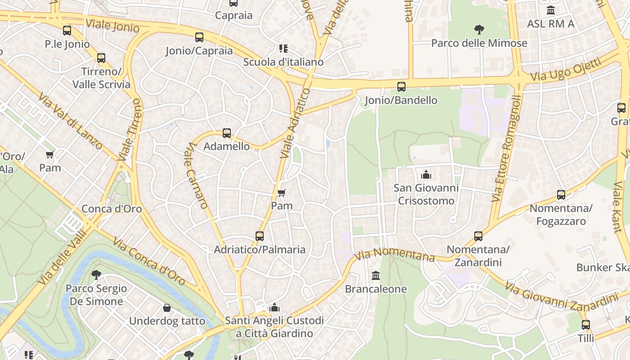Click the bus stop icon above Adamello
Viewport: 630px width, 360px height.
[x=227, y=133]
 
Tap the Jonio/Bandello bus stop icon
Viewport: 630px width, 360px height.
[x=401, y=87]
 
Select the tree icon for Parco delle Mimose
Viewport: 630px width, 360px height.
[x=479, y=30]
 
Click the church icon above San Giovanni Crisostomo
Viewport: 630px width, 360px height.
[x=426, y=175]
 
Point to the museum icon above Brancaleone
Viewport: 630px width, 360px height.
[x=375, y=275]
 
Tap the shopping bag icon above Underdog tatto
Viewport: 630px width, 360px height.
[x=167, y=308]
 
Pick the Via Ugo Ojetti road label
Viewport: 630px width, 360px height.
[x=566, y=70]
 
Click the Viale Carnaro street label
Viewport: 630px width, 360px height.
[x=197, y=175]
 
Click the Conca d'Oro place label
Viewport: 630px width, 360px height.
[x=112, y=209]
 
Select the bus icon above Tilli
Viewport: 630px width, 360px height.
[x=585, y=324]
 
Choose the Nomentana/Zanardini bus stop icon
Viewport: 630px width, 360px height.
[x=478, y=236]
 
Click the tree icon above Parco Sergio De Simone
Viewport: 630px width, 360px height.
[x=96, y=274]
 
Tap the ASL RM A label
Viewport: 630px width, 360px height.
[x=551, y=24]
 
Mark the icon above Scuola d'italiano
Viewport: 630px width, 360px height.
[x=283, y=48]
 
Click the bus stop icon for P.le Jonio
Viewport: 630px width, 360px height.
[x=67, y=31]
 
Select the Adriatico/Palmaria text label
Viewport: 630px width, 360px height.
[x=260, y=249]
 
